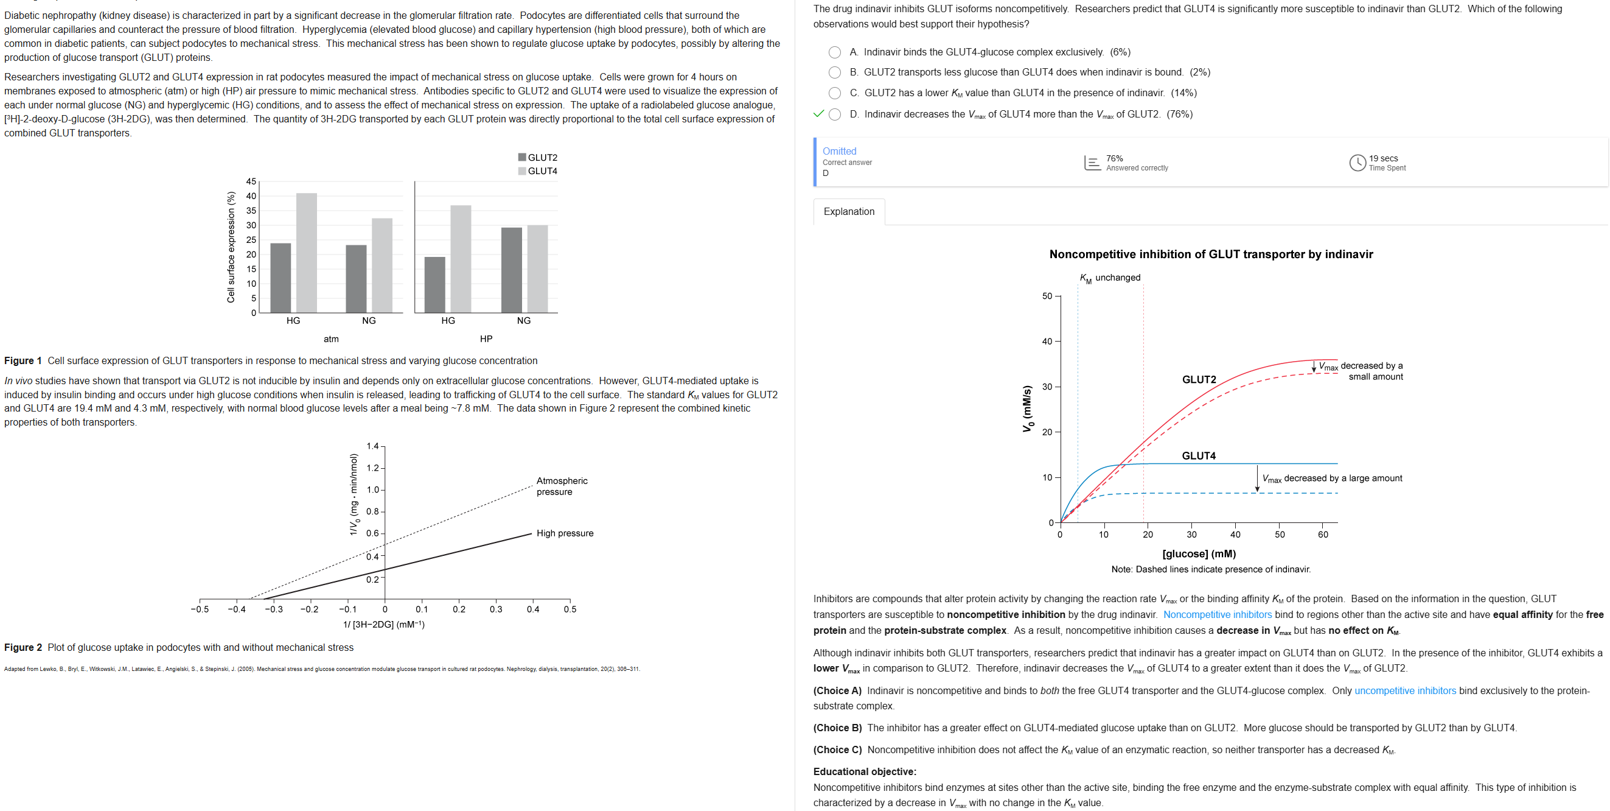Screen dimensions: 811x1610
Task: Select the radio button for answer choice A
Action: tap(834, 52)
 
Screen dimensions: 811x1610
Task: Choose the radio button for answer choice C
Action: tap(834, 93)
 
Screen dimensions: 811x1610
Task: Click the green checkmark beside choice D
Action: tap(818, 114)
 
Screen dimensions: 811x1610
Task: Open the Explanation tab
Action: tap(849, 211)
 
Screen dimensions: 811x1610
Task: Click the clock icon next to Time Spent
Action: tap(1357, 163)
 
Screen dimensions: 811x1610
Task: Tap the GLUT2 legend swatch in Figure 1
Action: tap(522, 158)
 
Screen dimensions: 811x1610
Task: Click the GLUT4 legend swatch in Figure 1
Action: tap(522, 171)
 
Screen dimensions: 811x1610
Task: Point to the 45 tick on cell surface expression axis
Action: tap(251, 182)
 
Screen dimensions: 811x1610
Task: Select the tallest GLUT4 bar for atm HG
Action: tap(306, 253)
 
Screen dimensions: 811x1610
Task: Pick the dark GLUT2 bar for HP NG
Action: tap(511, 270)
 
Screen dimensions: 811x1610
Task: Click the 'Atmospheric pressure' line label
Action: tap(561, 486)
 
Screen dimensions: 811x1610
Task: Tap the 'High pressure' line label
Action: tap(565, 533)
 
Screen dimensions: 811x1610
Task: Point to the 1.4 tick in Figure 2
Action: tap(372, 446)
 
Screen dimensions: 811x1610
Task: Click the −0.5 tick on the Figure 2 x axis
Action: tap(200, 609)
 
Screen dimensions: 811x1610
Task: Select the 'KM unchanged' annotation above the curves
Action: tap(1110, 278)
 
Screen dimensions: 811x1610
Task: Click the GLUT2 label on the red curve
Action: tap(1199, 380)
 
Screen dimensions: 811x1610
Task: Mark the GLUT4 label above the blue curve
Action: tap(1198, 456)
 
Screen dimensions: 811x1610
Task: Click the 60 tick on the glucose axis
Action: tap(1323, 535)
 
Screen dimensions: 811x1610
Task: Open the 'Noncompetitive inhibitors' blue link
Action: tap(1217, 615)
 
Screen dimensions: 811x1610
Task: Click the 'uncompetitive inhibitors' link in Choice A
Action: tap(1405, 691)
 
